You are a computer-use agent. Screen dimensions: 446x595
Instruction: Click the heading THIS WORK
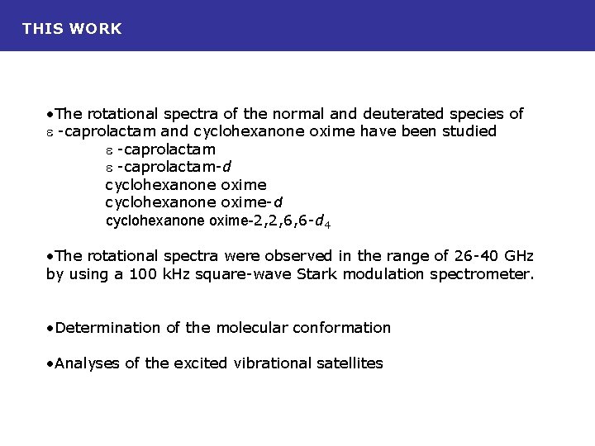72,29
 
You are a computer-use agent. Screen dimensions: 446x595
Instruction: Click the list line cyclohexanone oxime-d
195,202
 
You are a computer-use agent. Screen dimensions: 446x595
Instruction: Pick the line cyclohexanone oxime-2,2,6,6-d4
219,221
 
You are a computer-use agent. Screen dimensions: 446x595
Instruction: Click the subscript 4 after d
328,224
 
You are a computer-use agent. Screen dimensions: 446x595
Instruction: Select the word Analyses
88,363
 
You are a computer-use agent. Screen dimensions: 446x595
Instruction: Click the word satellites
350,363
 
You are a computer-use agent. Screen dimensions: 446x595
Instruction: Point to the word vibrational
273,363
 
